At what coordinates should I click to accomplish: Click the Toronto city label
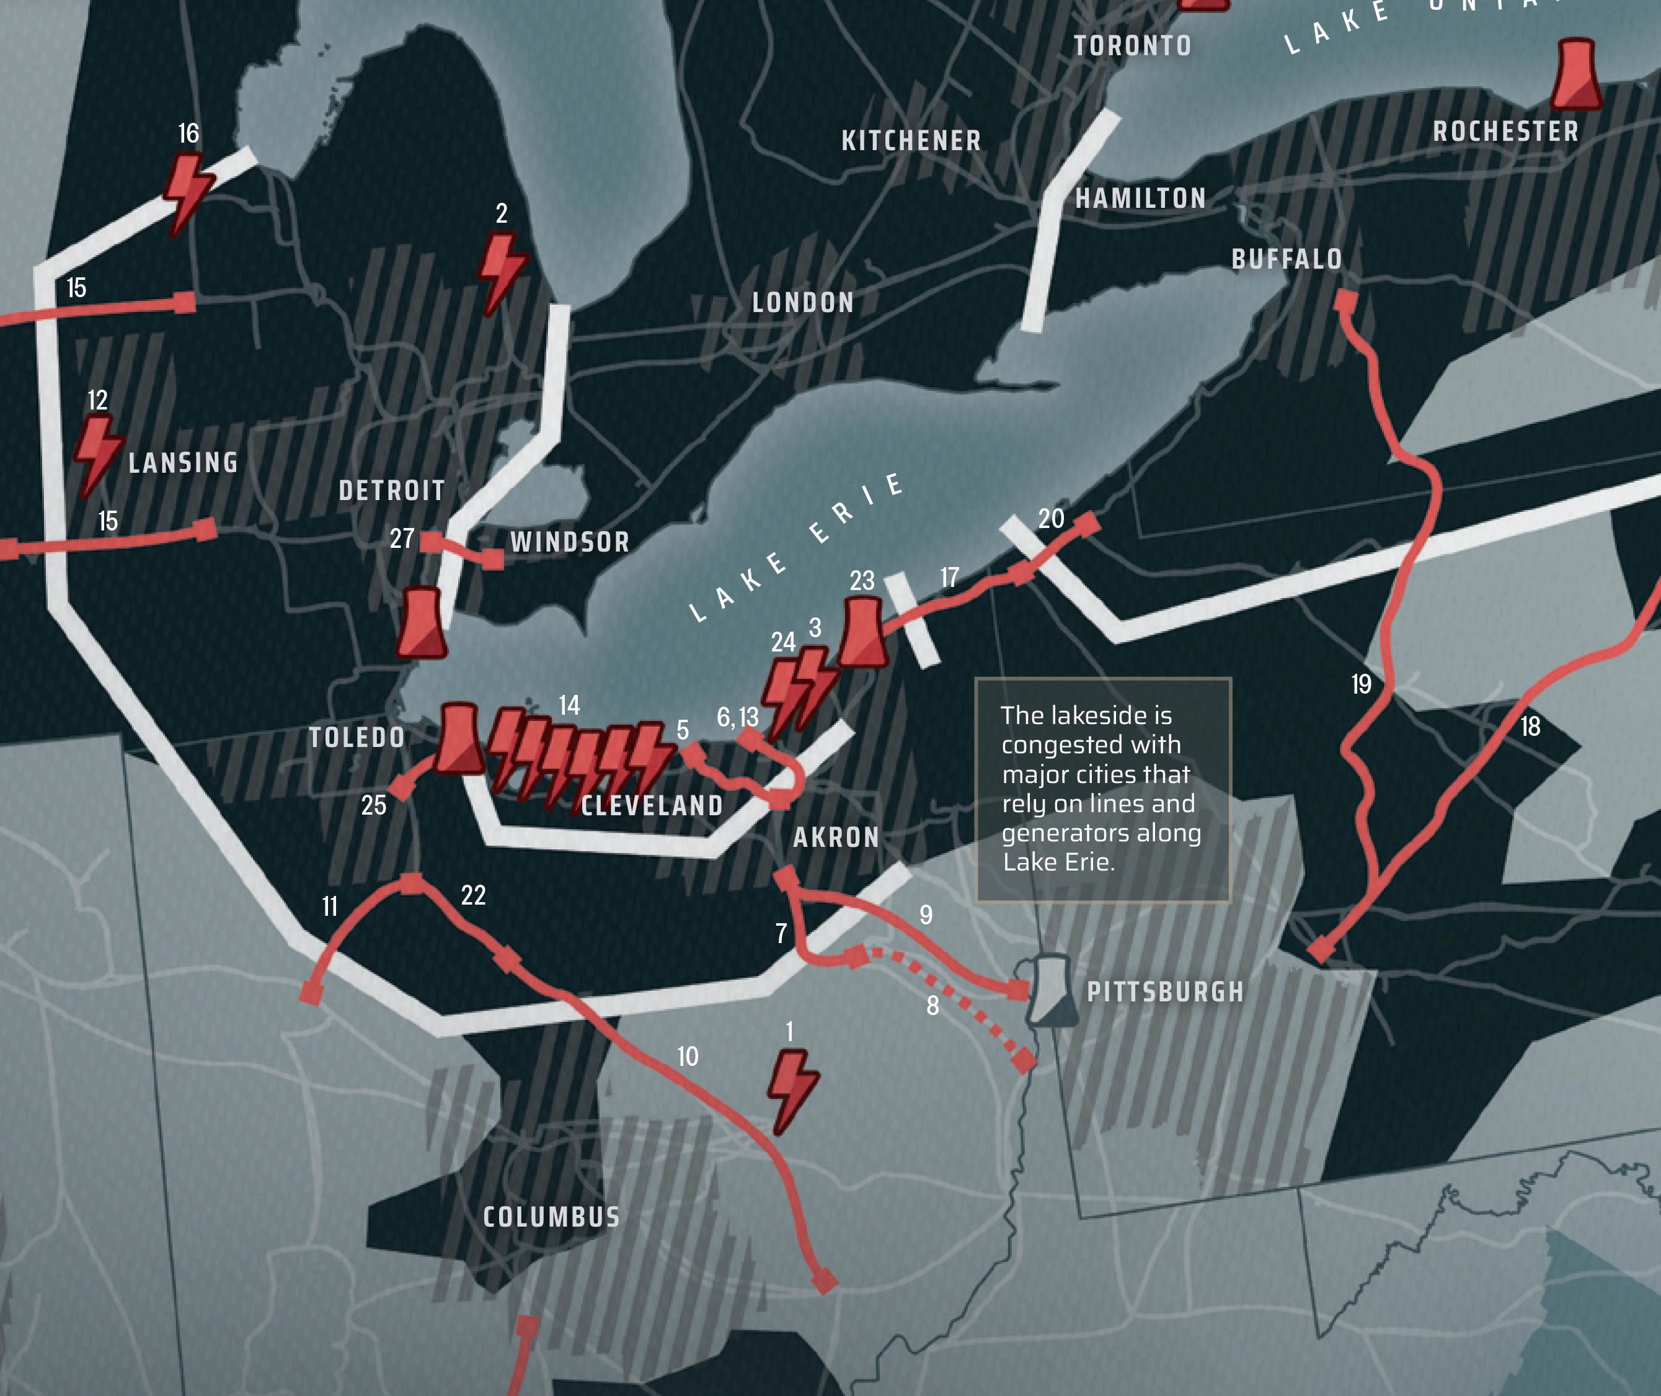[1132, 46]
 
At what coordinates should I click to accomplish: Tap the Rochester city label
[1505, 132]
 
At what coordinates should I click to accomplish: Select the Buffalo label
[1286, 259]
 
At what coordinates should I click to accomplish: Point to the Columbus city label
[551, 1216]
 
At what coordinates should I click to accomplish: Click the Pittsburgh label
[1164, 991]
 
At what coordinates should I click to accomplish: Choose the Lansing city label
[183, 462]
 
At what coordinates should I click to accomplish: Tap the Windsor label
[570, 542]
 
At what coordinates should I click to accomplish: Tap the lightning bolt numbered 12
[97, 454]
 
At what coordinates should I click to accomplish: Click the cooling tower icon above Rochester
[1575, 75]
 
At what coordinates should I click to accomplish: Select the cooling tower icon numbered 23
[862, 632]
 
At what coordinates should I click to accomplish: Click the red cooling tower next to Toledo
[459, 738]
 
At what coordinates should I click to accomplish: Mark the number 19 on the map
[1360, 684]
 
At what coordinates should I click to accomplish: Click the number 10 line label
[688, 1056]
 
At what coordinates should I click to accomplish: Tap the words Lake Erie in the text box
[1058, 862]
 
